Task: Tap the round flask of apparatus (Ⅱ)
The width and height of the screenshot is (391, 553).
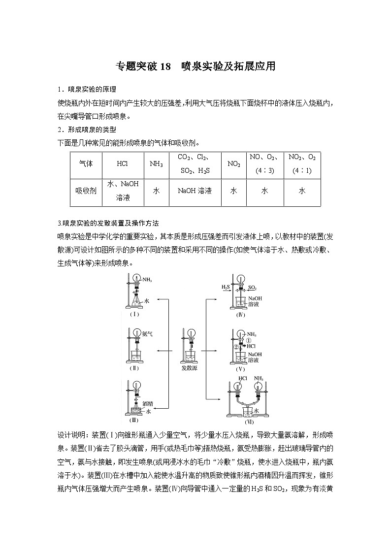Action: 136,333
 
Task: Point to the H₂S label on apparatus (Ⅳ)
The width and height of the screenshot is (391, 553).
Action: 226,287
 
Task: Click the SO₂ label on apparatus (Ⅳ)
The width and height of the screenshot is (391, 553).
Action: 252,287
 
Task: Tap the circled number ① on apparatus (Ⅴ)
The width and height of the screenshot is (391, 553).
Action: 249,340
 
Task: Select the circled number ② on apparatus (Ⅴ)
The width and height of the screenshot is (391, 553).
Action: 236,346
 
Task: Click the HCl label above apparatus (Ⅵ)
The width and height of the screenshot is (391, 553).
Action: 242,379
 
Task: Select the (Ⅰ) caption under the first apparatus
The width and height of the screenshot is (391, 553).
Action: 134,314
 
